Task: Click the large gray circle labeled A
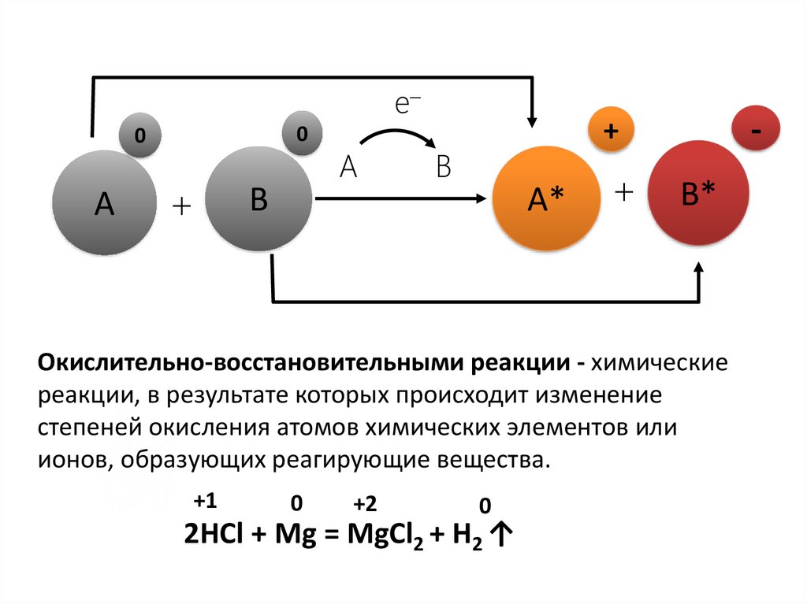(104, 202)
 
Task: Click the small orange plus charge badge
(611, 132)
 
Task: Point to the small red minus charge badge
(757, 132)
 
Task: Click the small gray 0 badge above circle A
(139, 135)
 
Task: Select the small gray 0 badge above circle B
(302, 135)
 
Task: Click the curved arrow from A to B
(399, 135)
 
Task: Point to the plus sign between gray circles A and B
(181, 206)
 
